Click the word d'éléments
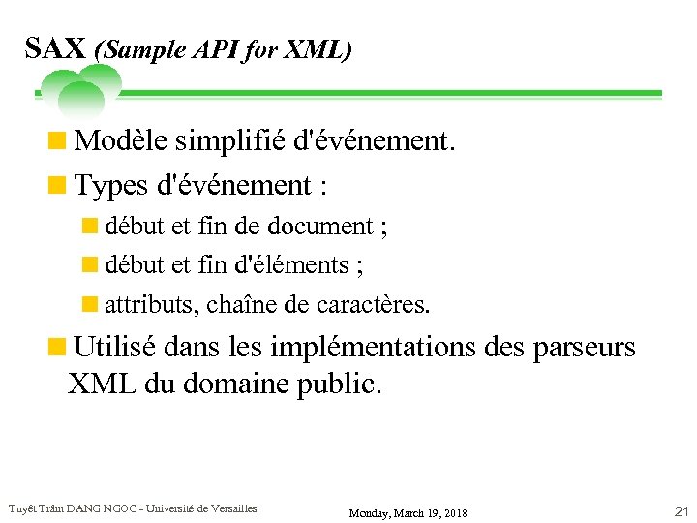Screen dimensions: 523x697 pyautogui.click(x=299, y=264)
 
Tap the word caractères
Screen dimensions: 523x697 pyautogui.click(x=371, y=304)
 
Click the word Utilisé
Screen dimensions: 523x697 pyautogui.click(x=116, y=346)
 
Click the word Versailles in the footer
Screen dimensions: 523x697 pyautogui.click(x=231, y=508)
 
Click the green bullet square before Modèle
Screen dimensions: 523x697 pyautogui.click(x=58, y=141)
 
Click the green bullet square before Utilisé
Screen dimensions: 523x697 pyautogui.click(x=58, y=346)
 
